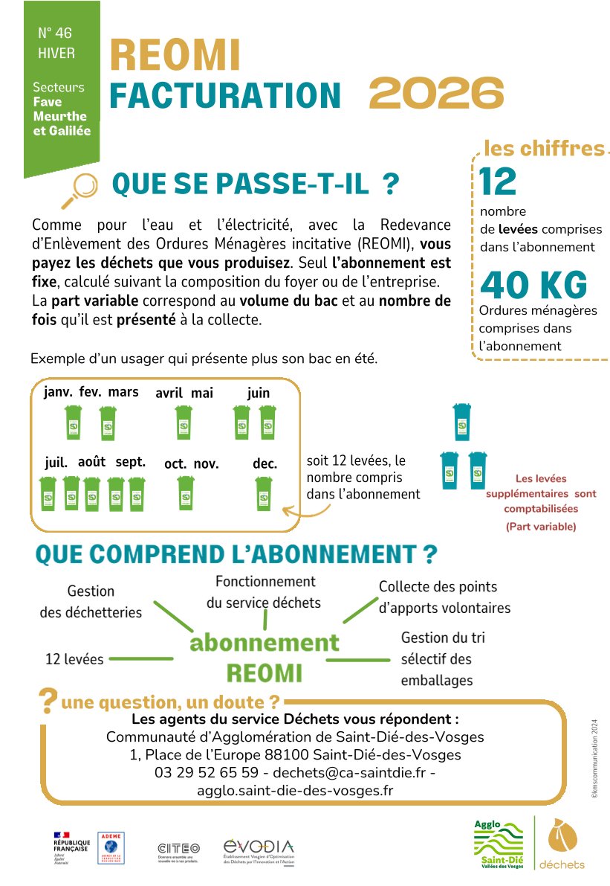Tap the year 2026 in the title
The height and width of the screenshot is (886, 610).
pos(436,94)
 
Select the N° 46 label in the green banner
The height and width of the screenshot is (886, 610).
pos(55,33)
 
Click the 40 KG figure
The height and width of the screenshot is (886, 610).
pos(533,285)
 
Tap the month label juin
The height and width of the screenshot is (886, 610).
pos(259,393)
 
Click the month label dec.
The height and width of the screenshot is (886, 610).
pos(265,463)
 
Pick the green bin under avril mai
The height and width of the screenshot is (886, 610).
pos(184,423)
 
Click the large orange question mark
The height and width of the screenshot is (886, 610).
pos(48,700)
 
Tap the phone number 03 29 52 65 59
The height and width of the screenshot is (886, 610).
pos(207,772)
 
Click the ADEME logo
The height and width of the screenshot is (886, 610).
pos(111,847)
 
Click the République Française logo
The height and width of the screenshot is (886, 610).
pos(71,847)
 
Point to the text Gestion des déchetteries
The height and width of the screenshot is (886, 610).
pos(91,602)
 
